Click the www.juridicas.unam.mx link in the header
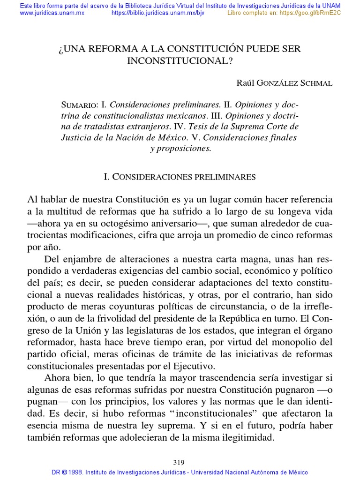point(52,13)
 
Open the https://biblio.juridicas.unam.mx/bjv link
point(158,13)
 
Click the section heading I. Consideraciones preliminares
point(180,177)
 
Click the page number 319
point(180,462)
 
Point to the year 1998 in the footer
point(76,472)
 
